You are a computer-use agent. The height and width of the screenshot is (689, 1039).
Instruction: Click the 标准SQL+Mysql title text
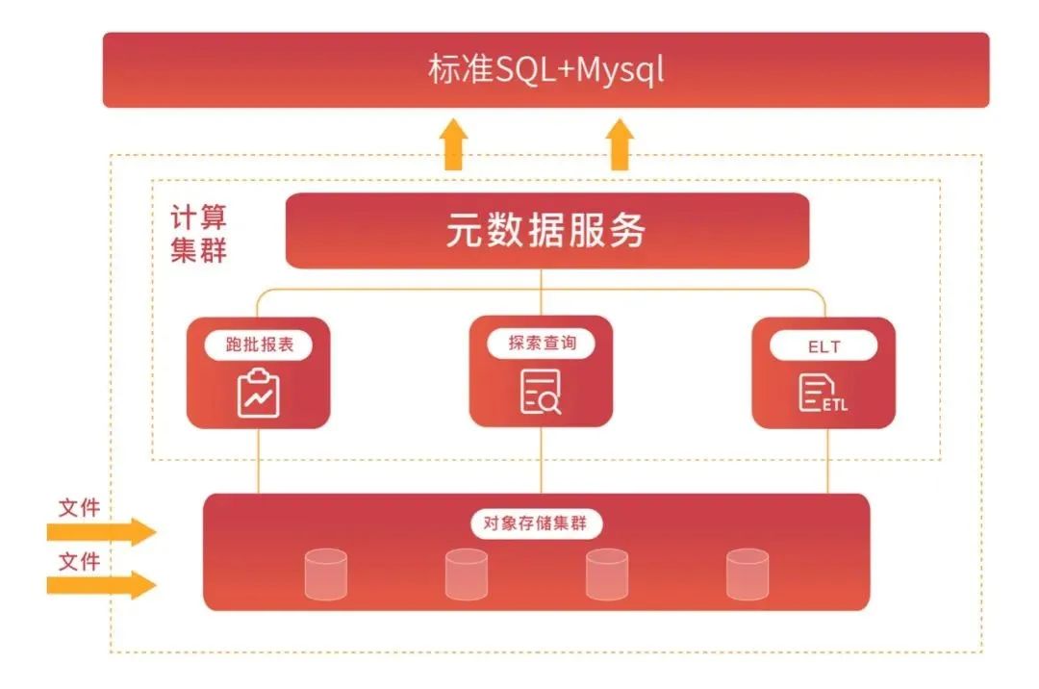(545, 70)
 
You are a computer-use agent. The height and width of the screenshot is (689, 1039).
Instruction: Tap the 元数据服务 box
(546, 231)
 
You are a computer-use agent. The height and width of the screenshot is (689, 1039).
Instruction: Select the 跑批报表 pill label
(258, 344)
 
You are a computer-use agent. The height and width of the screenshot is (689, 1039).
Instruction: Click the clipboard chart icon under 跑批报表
(258, 394)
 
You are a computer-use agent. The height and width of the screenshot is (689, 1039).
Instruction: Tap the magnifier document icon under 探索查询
(541, 393)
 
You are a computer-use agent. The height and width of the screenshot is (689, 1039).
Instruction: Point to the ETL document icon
(823, 394)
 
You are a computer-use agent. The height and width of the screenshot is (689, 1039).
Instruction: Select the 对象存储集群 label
(537, 524)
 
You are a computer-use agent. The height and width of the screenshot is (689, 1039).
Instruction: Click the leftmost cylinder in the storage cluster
(325, 574)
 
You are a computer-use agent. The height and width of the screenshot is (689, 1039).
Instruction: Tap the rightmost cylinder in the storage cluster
(748, 574)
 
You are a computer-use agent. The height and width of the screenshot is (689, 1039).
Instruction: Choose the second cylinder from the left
(466, 574)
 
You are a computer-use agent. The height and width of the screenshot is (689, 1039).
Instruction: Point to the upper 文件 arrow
(101, 531)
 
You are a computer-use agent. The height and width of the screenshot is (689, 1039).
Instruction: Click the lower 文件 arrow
(101, 584)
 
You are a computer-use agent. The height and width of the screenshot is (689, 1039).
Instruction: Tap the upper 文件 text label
(79, 507)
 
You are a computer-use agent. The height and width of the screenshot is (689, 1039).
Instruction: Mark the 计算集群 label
(199, 234)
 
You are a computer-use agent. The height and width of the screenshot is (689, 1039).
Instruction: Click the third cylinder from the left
(606, 574)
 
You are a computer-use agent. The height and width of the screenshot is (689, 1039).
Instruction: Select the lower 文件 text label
(79, 560)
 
